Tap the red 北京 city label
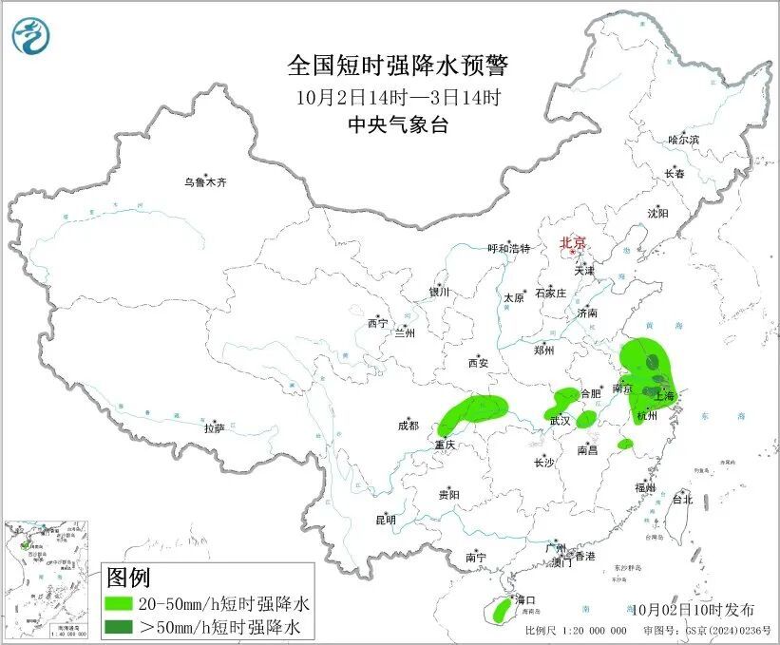pos(572,242)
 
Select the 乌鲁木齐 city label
pos(206,181)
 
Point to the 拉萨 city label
pos(214,427)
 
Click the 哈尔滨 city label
pos(682,140)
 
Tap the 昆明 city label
pos(385,520)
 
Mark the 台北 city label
pos(682,499)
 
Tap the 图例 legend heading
pos(128,578)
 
